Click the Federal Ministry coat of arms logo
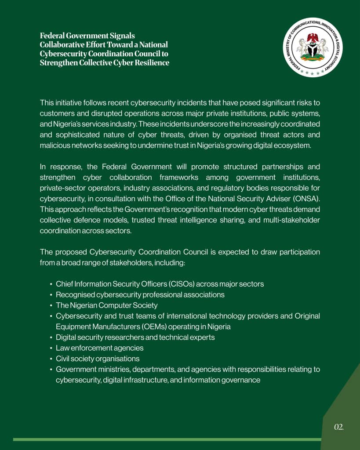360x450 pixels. click(313, 47)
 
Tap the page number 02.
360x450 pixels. click(338, 427)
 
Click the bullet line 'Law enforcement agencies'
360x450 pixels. click(99, 348)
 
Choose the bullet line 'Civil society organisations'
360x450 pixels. click(98, 359)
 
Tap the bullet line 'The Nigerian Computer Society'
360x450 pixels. click(106, 305)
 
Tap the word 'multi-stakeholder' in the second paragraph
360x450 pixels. click(292, 220)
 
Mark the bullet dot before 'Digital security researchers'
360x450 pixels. click(51, 337)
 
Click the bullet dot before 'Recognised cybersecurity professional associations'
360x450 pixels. click(51, 295)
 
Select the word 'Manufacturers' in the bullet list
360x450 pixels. click(110, 327)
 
